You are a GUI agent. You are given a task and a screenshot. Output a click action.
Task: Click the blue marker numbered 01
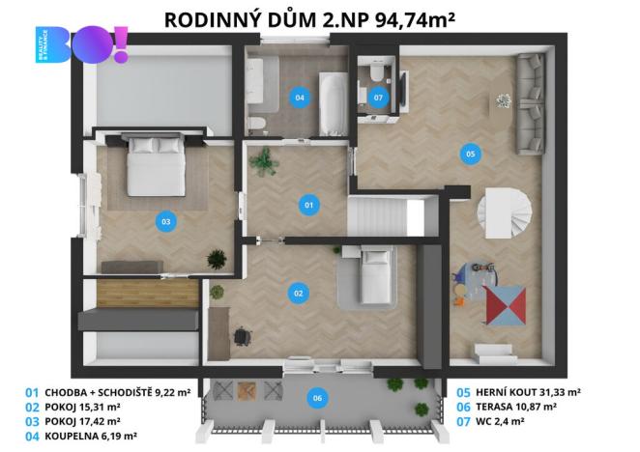coord(309,205)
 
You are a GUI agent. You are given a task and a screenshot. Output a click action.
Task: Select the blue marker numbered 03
coord(166,222)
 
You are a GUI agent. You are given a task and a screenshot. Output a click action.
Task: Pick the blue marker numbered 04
coord(299,97)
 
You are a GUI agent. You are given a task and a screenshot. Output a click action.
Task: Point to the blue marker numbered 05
coord(470,153)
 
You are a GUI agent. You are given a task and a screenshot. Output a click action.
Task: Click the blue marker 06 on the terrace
coord(315,397)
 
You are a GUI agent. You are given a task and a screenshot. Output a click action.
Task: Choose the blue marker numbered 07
coord(378,97)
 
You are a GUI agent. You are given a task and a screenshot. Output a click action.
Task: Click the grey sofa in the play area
coord(531,103)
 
